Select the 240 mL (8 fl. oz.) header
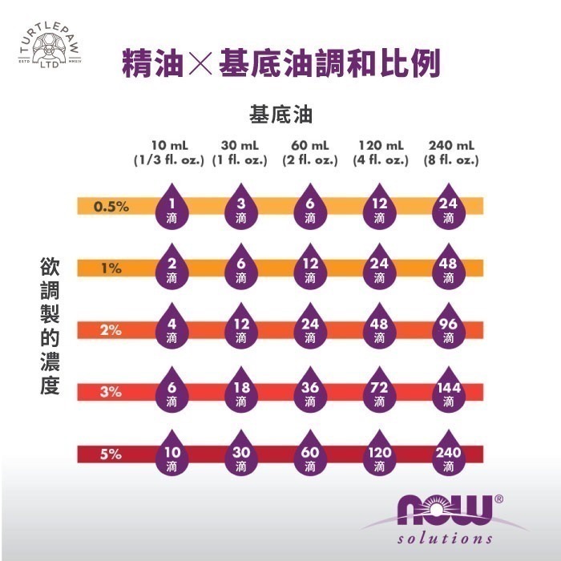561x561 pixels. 451,152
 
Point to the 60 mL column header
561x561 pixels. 310,152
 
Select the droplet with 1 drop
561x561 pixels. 172,208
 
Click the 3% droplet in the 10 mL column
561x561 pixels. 172,392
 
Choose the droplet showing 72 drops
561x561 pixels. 379,392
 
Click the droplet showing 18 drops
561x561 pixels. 240,392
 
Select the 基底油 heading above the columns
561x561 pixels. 280,115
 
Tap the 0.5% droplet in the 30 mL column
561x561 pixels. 240,208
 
